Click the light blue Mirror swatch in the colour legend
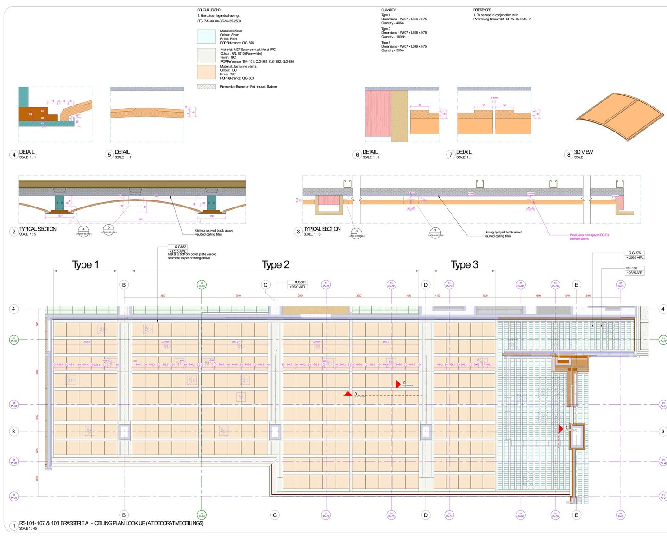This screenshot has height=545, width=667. [x=206, y=37]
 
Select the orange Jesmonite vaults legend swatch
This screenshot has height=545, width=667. [x=206, y=72]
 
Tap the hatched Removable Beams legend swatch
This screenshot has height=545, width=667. [x=206, y=87]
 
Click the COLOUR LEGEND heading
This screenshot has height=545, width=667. [x=209, y=10]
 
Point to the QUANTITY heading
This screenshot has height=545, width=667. [x=388, y=10]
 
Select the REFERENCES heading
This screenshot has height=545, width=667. [x=482, y=10]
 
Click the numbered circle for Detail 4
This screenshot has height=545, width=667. [x=14, y=155]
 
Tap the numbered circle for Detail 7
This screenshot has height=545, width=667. [x=451, y=155]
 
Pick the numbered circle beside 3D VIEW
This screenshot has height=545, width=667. [x=569, y=155]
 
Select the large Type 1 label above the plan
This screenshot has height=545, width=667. [x=85, y=265]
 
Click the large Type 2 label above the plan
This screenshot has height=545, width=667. [x=276, y=265]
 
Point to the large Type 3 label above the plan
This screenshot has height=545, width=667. [x=465, y=265]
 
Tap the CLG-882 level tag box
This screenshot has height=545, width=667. [x=177, y=249]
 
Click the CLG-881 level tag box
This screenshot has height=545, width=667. [x=297, y=284]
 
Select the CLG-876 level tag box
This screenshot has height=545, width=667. [x=635, y=255]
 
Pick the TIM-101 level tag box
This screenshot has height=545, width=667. [x=635, y=270]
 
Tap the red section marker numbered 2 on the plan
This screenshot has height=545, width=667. [x=398, y=384]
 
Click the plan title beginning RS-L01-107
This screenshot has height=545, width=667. [x=111, y=523]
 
